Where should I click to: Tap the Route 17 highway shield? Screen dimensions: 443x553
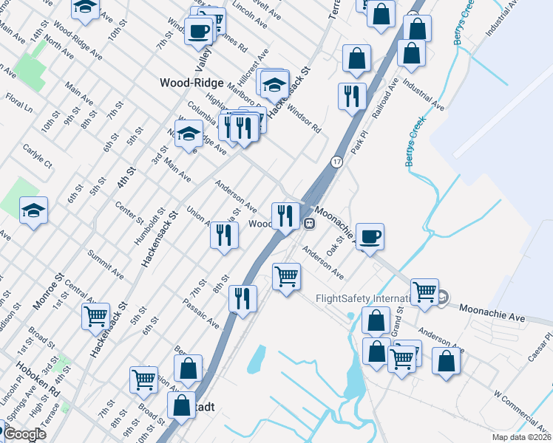coord(336,162)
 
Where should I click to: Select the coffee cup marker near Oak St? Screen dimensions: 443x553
coord(370,237)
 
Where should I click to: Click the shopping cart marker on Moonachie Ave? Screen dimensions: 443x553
coord(424,292)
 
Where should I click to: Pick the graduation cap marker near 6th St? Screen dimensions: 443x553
coord(33,210)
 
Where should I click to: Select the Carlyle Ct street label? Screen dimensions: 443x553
coord(38,155)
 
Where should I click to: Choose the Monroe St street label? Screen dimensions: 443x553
coord(45,289)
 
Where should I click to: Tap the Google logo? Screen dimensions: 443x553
coord(24,434)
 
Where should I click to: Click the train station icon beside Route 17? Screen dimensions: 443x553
coord(311,223)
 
